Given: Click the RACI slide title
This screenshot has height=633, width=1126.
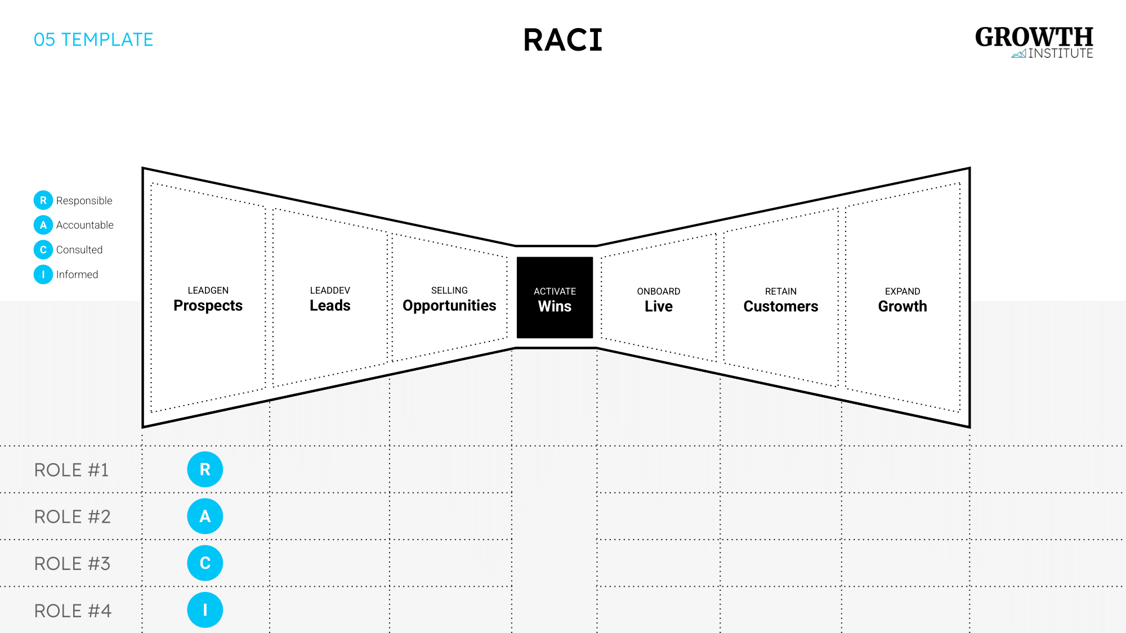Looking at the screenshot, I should pos(562,41).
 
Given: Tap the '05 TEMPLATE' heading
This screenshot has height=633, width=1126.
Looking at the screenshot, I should pos(93,40).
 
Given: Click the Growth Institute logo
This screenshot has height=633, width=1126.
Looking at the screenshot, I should pos(1034,42).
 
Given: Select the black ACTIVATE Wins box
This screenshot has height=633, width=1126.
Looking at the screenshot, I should pos(555,298).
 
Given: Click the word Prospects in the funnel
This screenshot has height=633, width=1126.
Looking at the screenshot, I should pos(208,306).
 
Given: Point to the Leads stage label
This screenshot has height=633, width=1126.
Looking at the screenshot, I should pos(330,306).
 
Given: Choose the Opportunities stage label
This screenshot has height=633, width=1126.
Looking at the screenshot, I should pos(449,306).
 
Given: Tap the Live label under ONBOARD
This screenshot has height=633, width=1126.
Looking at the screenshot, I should pos(658,307).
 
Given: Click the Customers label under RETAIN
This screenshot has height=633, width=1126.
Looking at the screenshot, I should pos(780,307).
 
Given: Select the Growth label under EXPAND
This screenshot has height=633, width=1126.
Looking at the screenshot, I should pos(902,307).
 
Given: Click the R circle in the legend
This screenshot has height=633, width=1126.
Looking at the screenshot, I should pos(43,200).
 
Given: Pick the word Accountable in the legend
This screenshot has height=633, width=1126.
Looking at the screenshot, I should pos(85,225).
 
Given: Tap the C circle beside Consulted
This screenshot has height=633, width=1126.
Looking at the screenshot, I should pos(43,250).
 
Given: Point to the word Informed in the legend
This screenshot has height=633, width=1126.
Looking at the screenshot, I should pos(77,275).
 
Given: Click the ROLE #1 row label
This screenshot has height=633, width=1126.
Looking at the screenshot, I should pos(72,470).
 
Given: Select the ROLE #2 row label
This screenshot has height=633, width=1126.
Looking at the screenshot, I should pos(73,517).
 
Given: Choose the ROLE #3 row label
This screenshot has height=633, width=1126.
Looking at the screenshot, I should pos(73,563).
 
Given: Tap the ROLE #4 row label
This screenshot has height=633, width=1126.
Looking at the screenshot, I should pos(73,610).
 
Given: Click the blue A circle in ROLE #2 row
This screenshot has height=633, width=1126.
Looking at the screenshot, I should pos(205,517).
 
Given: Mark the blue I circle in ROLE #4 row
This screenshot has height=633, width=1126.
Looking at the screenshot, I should pos(205,610).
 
